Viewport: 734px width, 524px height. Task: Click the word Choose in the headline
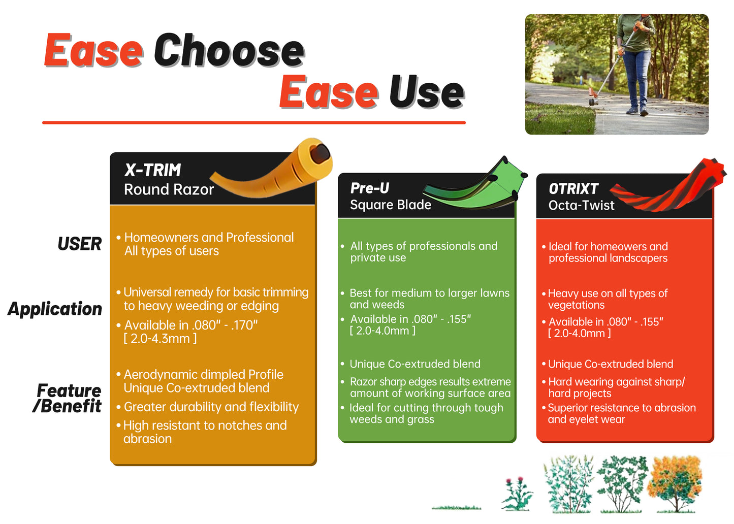230,50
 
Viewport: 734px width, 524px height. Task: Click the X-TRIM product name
152,170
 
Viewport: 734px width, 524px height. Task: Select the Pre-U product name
370,188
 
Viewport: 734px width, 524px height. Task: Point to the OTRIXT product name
573,189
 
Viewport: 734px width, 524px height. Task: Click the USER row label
80,244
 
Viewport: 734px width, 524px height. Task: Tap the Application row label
55,309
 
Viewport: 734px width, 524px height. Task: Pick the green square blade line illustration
475,185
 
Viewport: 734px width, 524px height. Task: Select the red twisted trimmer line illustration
668,187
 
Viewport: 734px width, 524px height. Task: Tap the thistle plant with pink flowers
517,494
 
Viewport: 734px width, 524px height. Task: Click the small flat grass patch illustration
457,508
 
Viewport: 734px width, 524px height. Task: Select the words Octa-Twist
582,205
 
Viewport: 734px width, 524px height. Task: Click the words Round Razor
169,189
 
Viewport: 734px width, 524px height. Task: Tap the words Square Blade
391,205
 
